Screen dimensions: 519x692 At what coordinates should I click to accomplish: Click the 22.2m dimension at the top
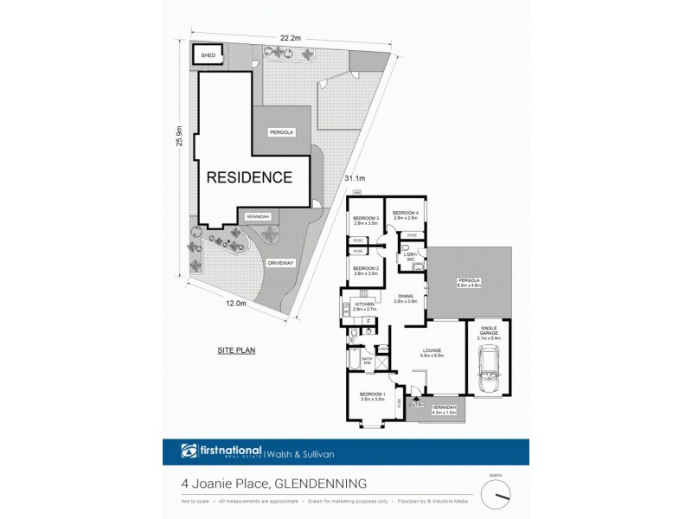(x=289, y=37)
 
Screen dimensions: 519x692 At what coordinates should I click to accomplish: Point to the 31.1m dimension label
(x=352, y=178)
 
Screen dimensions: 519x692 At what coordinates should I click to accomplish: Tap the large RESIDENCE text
(x=248, y=177)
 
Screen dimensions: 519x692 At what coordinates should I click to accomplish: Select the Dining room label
(x=406, y=298)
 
